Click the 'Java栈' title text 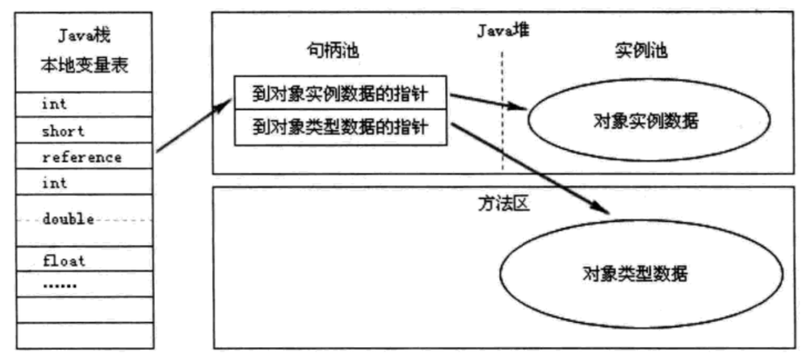click(x=84, y=35)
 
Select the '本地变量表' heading click(x=84, y=65)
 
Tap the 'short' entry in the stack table click(x=63, y=131)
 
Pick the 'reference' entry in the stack click(x=82, y=157)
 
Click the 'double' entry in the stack click(x=68, y=219)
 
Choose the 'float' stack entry click(x=64, y=260)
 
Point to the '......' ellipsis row click(x=60, y=286)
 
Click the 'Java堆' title click(x=503, y=30)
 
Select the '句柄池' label click(x=333, y=50)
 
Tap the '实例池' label click(x=641, y=50)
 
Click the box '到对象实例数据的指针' click(x=340, y=93)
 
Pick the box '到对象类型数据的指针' click(x=341, y=127)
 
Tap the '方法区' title click(x=504, y=204)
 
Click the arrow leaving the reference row click(x=194, y=125)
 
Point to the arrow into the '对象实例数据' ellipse click(x=488, y=102)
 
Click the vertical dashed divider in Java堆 click(x=502, y=111)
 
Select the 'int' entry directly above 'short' click(x=54, y=104)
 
